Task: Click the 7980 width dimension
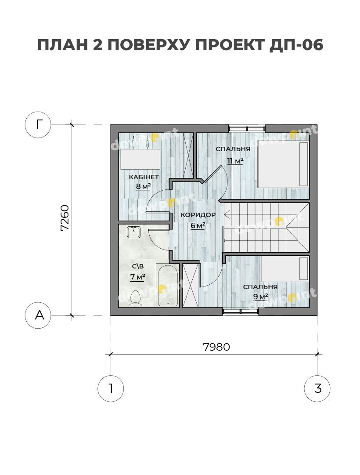(x=216, y=347)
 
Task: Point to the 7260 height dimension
(x=65, y=218)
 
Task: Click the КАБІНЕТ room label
(x=144, y=177)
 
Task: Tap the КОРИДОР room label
(x=198, y=215)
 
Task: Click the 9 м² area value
(x=261, y=297)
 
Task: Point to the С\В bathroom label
(x=137, y=266)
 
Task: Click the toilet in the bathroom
(x=135, y=299)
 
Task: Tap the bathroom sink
(x=133, y=232)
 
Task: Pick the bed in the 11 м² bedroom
(x=283, y=164)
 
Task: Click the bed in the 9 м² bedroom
(x=284, y=269)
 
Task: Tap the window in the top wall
(x=247, y=128)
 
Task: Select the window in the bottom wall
(x=241, y=311)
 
